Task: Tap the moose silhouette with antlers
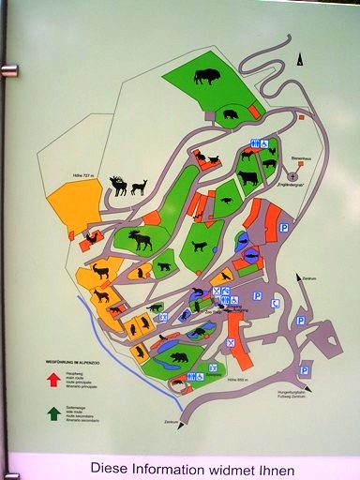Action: point(140,240)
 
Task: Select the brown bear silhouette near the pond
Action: point(178,356)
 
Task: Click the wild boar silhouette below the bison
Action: point(231,115)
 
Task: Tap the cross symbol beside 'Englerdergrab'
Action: point(292,176)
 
